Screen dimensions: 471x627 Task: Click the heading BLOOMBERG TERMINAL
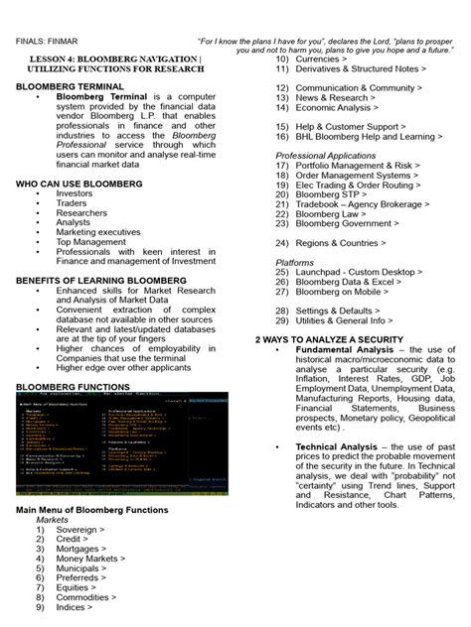(71, 87)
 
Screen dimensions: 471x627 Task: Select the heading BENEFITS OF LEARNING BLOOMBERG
(101, 281)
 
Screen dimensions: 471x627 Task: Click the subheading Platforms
(295, 262)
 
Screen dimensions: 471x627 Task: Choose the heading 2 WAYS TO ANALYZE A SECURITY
(343, 339)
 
